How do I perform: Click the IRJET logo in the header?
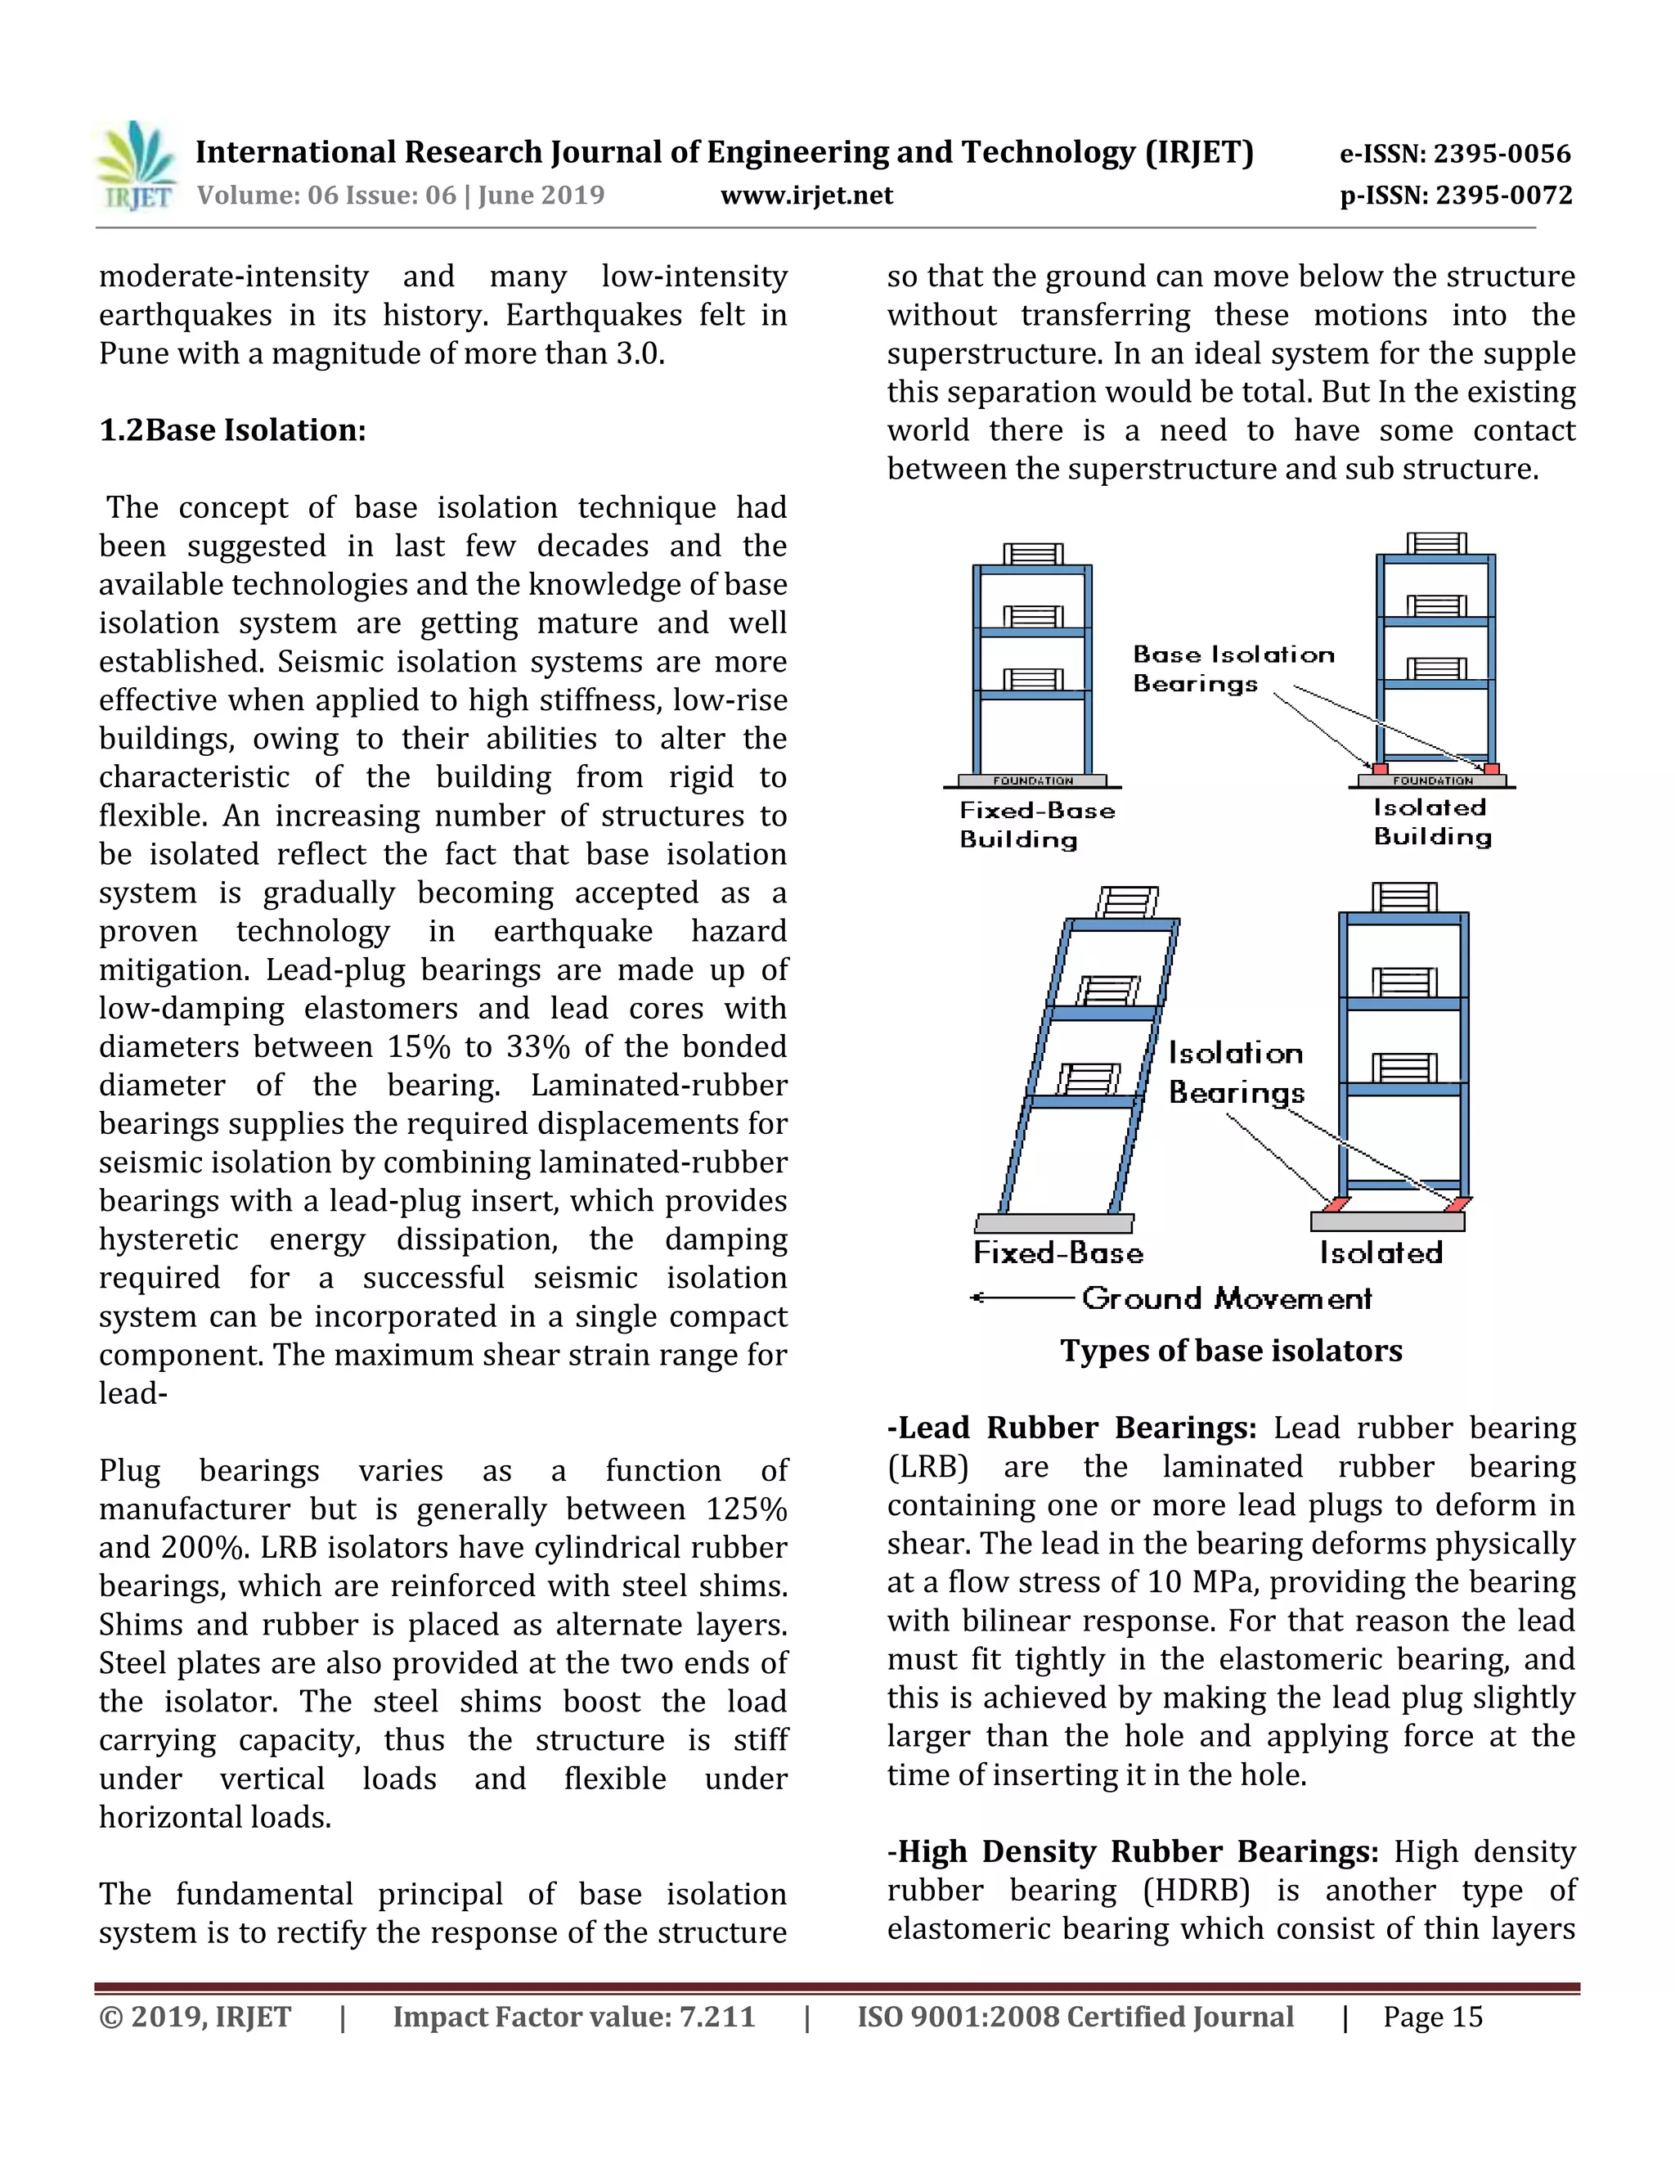[137, 167]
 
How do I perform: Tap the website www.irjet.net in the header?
[806, 195]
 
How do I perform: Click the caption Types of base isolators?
[1230, 1350]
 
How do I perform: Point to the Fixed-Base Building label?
[1036, 825]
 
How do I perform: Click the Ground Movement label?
[1227, 1298]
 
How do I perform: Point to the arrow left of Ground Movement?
[1022, 1298]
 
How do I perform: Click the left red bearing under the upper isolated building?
[1379, 768]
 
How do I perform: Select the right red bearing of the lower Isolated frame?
[1457, 1204]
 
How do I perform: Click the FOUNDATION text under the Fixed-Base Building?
[1033, 781]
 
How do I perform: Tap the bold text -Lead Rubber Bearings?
[1071, 1428]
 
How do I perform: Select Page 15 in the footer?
[1432, 2017]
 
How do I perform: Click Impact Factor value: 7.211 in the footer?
[573, 2017]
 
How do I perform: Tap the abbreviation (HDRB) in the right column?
[1195, 1890]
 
